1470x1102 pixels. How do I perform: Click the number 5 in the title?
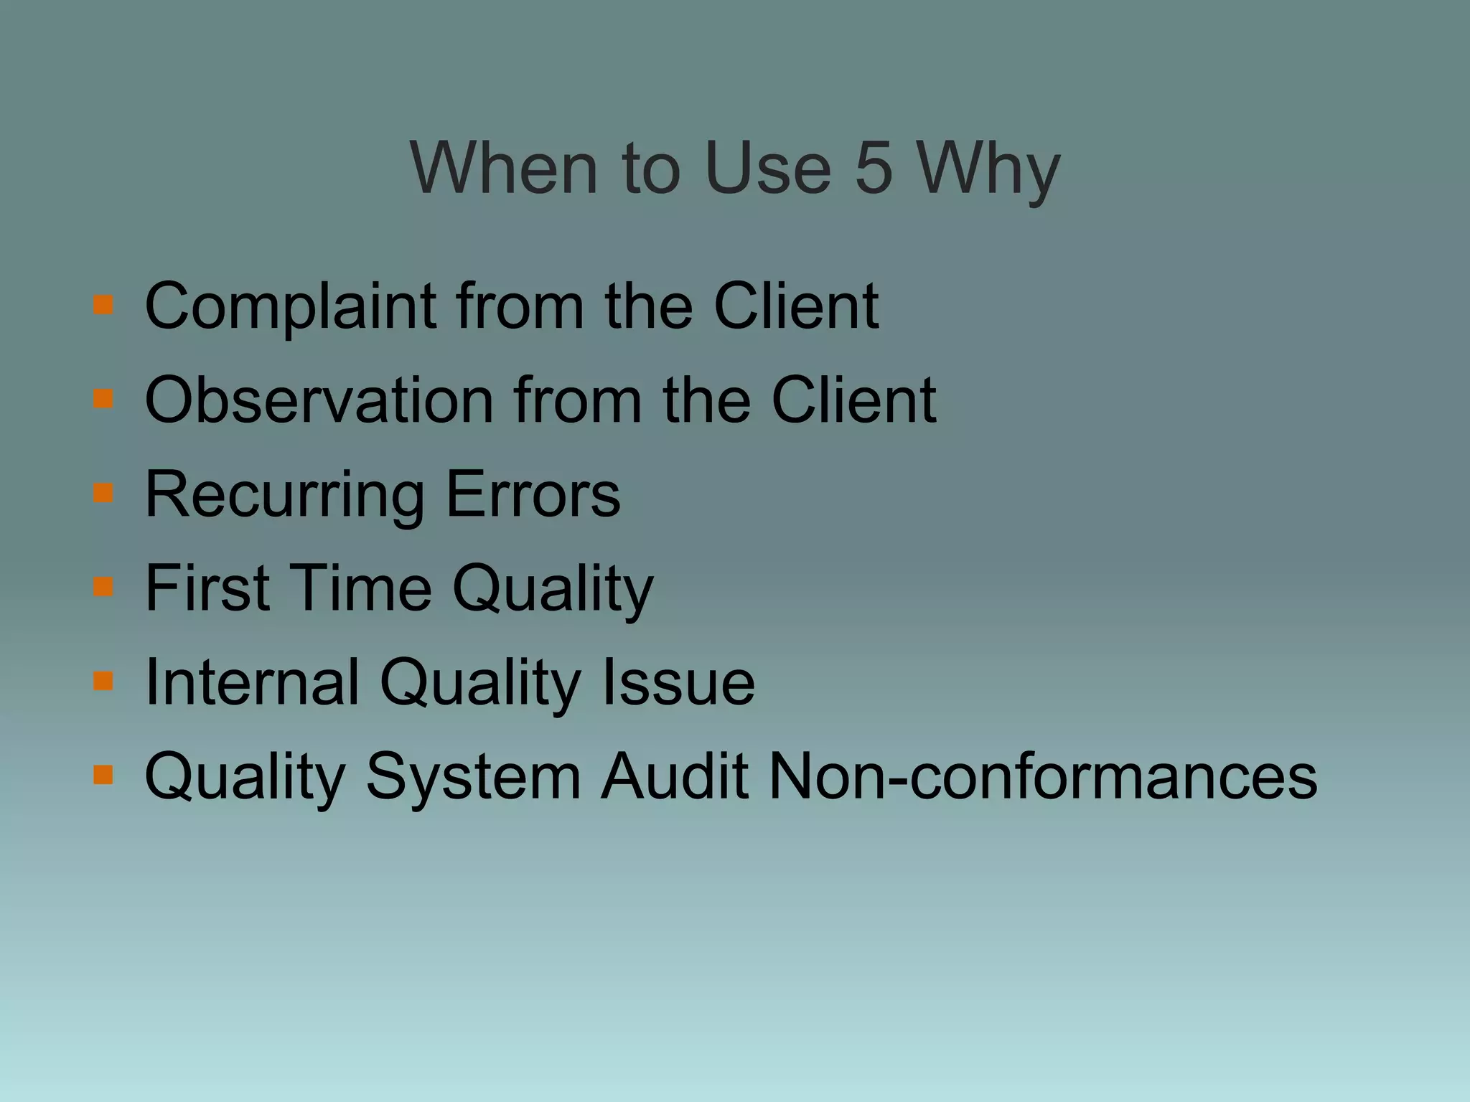click(874, 168)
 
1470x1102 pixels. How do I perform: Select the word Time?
click(361, 588)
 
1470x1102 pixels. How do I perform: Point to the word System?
click(473, 778)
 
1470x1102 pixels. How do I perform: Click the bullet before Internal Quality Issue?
click(103, 680)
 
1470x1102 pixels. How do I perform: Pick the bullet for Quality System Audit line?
click(103, 775)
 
